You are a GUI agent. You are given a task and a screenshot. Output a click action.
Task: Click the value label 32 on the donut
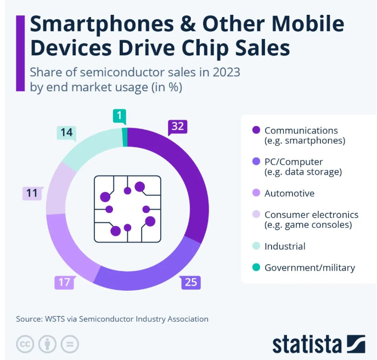(x=178, y=127)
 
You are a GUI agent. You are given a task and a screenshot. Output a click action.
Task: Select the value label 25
(x=191, y=283)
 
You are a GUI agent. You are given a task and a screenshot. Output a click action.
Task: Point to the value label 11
(x=32, y=193)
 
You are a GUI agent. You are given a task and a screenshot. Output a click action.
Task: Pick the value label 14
(x=67, y=132)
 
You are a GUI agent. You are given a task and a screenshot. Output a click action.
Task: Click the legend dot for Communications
(x=256, y=131)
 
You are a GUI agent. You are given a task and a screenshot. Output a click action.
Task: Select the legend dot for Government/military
(x=256, y=268)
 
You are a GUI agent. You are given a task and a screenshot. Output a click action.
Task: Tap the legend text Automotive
(x=289, y=193)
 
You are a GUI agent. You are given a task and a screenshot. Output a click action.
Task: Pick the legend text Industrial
(x=285, y=246)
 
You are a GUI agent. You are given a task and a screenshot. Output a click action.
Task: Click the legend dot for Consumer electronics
(x=256, y=215)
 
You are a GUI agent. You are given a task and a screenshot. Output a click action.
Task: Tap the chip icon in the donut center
(x=127, y=209)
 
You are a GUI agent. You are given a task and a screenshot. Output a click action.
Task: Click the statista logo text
(x=307, y=344)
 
